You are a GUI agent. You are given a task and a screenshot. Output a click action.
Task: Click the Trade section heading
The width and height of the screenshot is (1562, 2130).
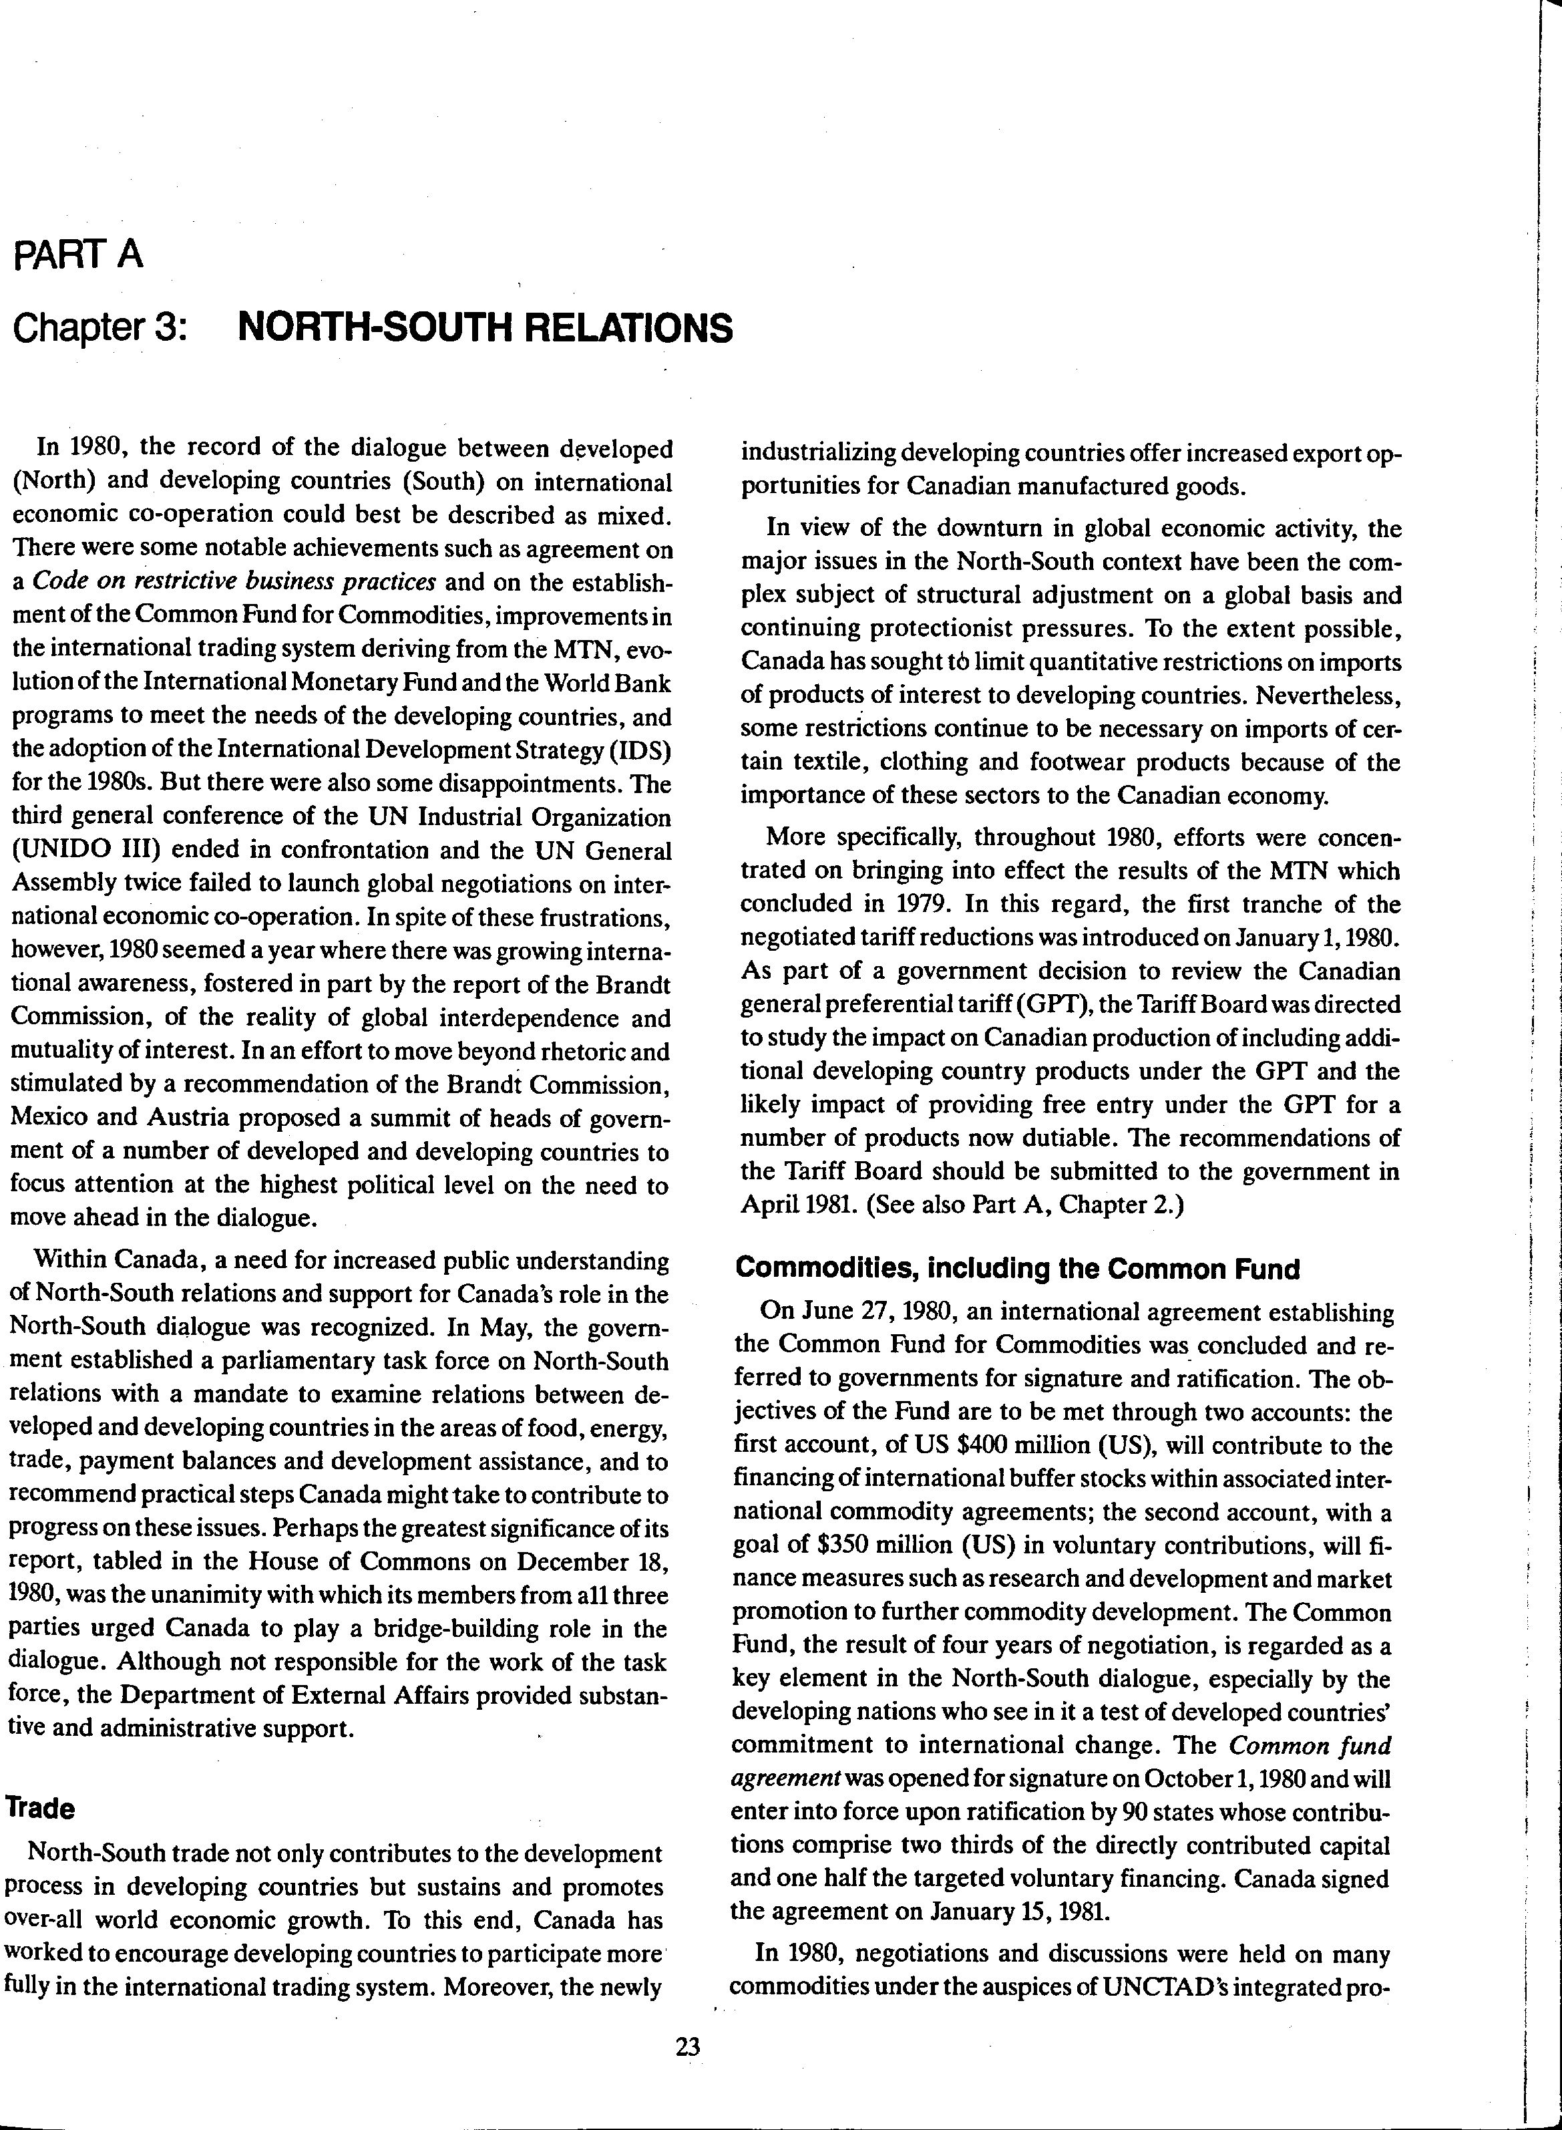coord(41,1809)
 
